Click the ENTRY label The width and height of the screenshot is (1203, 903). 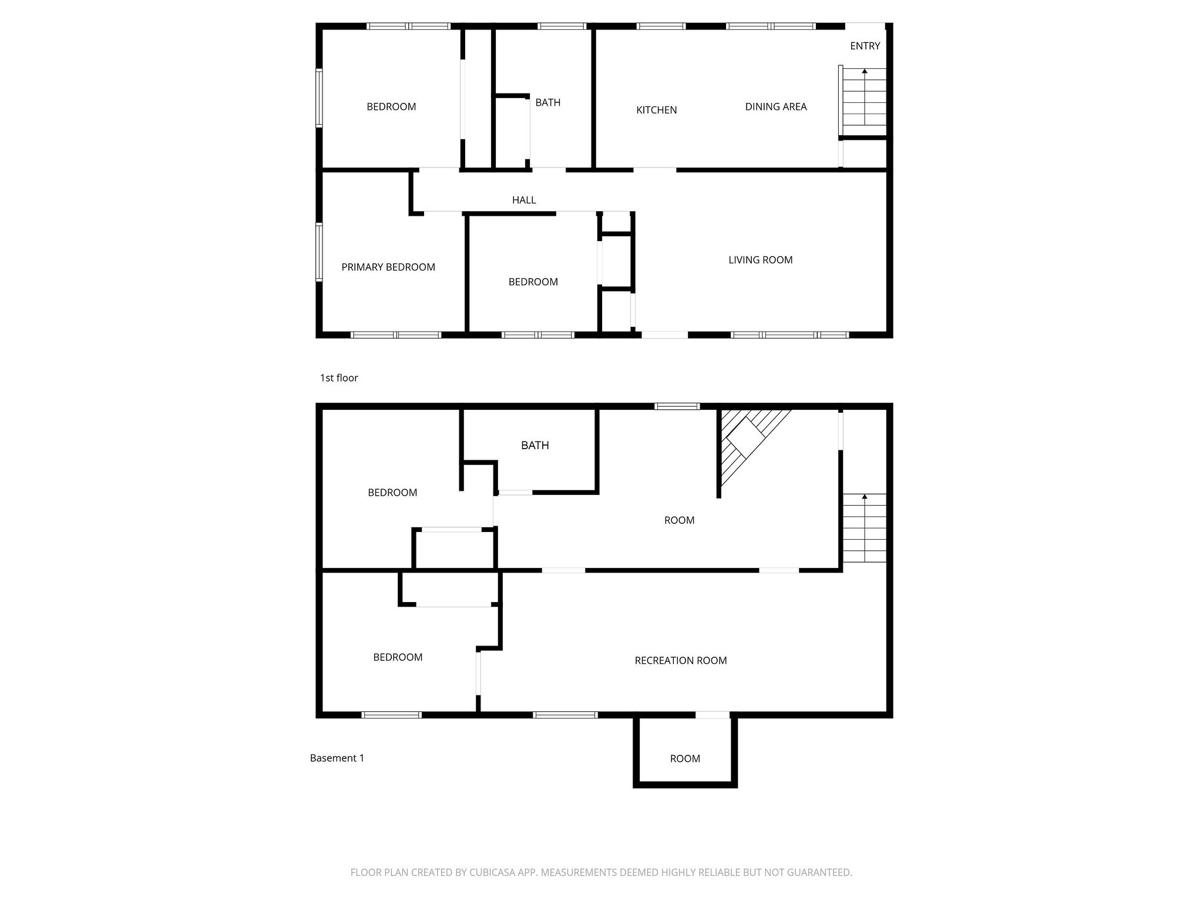(x=865, y=46)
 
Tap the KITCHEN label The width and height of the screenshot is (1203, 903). (x=656, y=110)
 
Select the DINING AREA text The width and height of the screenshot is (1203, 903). (x=775, y=106)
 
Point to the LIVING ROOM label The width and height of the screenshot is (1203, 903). (x=760, y=260)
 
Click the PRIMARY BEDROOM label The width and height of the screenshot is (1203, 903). (x=388, y=267)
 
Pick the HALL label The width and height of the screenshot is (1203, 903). (x=523, y=200)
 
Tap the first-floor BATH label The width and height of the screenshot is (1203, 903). (x=547, y=102)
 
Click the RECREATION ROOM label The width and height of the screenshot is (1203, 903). (x=680, y=660)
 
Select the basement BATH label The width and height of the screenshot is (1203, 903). (x=535, y=445)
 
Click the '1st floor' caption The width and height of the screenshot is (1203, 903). (x=338, y=377)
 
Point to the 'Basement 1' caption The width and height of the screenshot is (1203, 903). (x=337, y=758)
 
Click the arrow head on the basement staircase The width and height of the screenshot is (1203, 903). (x=864, y=497)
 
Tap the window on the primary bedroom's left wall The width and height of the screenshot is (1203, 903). (x=319, y=252)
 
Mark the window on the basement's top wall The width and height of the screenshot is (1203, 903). (x=677, y=406)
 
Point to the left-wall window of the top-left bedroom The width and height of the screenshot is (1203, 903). (x=319, y=98)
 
